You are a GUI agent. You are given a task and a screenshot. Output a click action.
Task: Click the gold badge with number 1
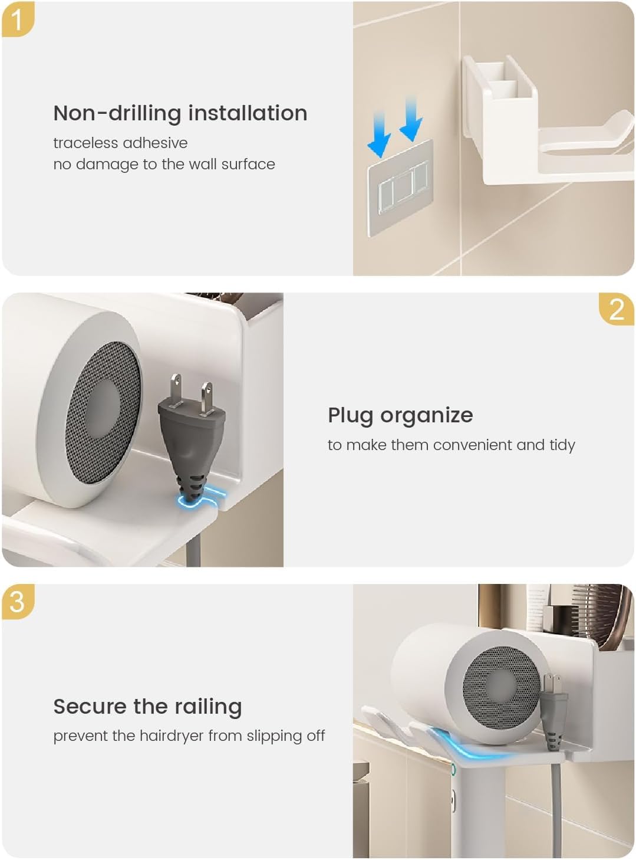click(x=18, y=19)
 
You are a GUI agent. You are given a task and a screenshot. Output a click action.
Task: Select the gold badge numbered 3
click(x=18, y=601)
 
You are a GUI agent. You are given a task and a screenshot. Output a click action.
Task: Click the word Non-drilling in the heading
click(x=117, y=114)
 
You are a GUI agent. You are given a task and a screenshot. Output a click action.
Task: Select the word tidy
click(x=562, y=445)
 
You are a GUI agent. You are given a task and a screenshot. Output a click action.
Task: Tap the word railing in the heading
click(x=207, y=707)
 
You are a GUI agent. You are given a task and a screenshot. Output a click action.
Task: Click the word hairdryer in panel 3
click(x=172, y=736)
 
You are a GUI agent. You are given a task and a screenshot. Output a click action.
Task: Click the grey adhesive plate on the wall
click(x=400, y=188)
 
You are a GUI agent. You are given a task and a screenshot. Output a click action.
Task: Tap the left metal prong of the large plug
click(x=176, y=390)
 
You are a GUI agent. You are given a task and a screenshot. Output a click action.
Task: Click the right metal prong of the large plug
click(x=206, y=399)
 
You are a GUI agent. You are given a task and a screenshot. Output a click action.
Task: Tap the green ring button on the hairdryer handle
click(x=453, y=769)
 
